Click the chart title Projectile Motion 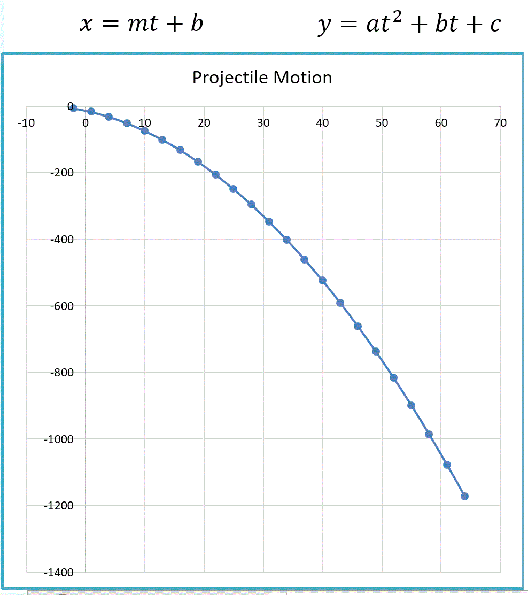pyautogui.click(x=262, y=78)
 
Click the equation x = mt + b pyautogui.click(x=142, y=24)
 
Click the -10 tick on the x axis pyautogui.click(x=26, y=123)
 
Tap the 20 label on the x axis pyautogui.click(x=204, y=123)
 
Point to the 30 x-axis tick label pyautogui.click(x=263, y=123)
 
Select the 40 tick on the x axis pyautogui.click(x=322, y=123)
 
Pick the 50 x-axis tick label pyautogui.click(x=382, y=123)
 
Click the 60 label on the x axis pyautogui.click(x=441, y=123)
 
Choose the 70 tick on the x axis pyautogui.click(x=500, y=123)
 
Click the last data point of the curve pyautogui.click(x=464, y=496)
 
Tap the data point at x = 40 pyautogui.click(x=322, y=280)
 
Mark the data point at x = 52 pyautogui.click(x=393, y=377)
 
